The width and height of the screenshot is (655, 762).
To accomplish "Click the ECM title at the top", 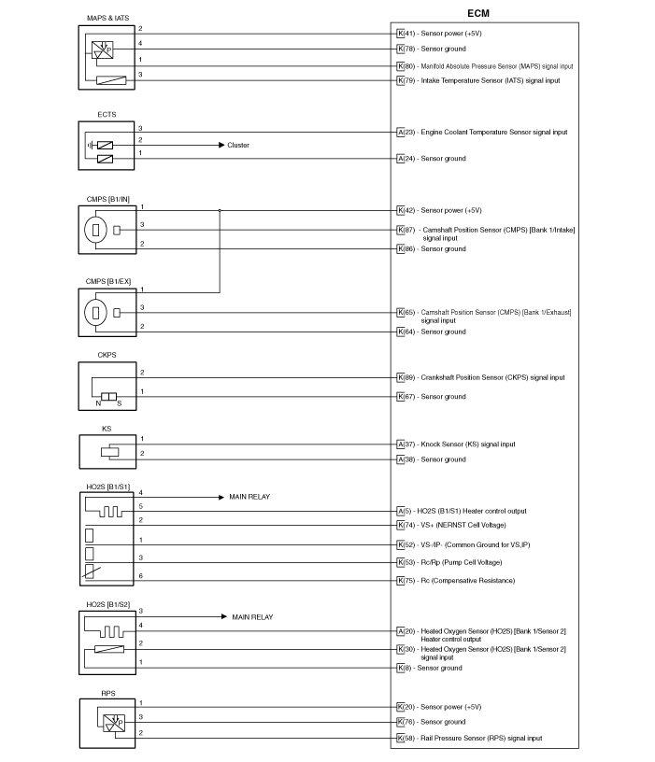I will click(477, 13).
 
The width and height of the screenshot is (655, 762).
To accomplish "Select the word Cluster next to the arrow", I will click(238, 146).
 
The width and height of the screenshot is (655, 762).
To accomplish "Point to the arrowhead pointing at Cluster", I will click(221, 146).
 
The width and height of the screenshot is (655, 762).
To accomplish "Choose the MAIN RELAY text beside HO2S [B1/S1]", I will click(249, 498).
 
